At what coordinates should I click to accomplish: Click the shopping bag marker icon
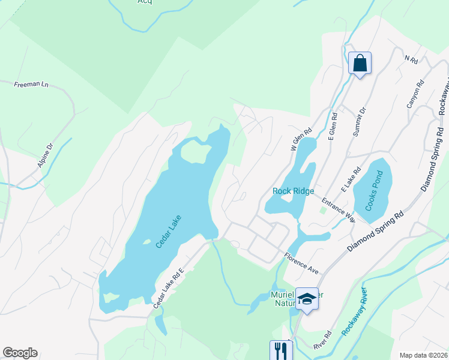pos(360,63)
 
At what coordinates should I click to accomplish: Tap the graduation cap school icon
pos(307,299)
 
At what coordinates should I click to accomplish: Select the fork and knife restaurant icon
pos(280,350)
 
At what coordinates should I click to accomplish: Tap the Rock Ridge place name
pos(293,191)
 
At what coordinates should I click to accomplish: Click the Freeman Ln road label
pos(31,85)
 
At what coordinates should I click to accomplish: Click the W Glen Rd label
pos(303,139)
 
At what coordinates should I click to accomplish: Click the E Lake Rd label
pos(351,178)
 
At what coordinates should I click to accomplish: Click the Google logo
pos(20,353)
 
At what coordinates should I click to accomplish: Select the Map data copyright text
pos(423,355)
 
